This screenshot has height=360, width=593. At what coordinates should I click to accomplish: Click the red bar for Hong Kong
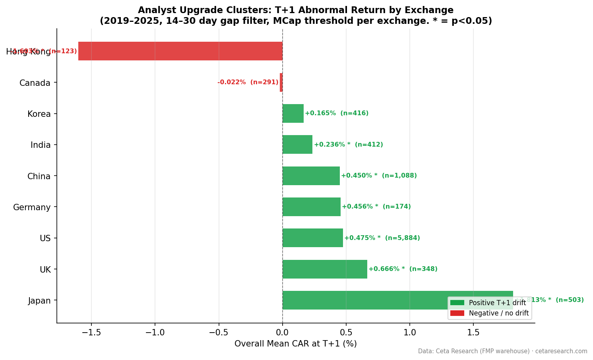click(180, 51)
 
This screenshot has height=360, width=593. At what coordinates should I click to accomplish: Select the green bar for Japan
click(397, 300)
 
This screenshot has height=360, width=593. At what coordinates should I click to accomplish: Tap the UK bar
click(325, 269)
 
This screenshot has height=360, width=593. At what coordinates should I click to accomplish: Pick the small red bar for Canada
click(281, 83)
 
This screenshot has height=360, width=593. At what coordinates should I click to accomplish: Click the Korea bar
click(293, 114)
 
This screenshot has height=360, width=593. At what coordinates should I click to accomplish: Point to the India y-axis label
click(41, 145)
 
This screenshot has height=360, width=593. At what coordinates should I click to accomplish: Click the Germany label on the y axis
click(32, 207)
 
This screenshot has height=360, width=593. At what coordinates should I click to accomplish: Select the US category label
click(45, 238)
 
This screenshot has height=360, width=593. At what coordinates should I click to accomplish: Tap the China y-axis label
click(39, 176)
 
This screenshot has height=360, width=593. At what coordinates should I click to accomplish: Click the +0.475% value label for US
click(382, 238)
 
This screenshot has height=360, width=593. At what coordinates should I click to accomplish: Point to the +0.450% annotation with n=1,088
click(379, 176)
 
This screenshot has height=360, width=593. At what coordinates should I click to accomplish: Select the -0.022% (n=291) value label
click(248, 82)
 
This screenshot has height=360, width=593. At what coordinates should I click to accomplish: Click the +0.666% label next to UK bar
click(403, 269)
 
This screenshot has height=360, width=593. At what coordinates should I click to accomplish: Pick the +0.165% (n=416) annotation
click(336, 113)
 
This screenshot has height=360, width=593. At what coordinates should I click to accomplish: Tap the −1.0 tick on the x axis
click(155, 332)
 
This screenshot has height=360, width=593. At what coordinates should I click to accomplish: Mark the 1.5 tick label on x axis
click(473, 332)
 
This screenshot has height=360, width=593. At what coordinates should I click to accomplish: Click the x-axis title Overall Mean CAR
click(295, 344)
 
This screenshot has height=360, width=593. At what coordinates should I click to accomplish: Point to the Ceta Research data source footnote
click(502, 351)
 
